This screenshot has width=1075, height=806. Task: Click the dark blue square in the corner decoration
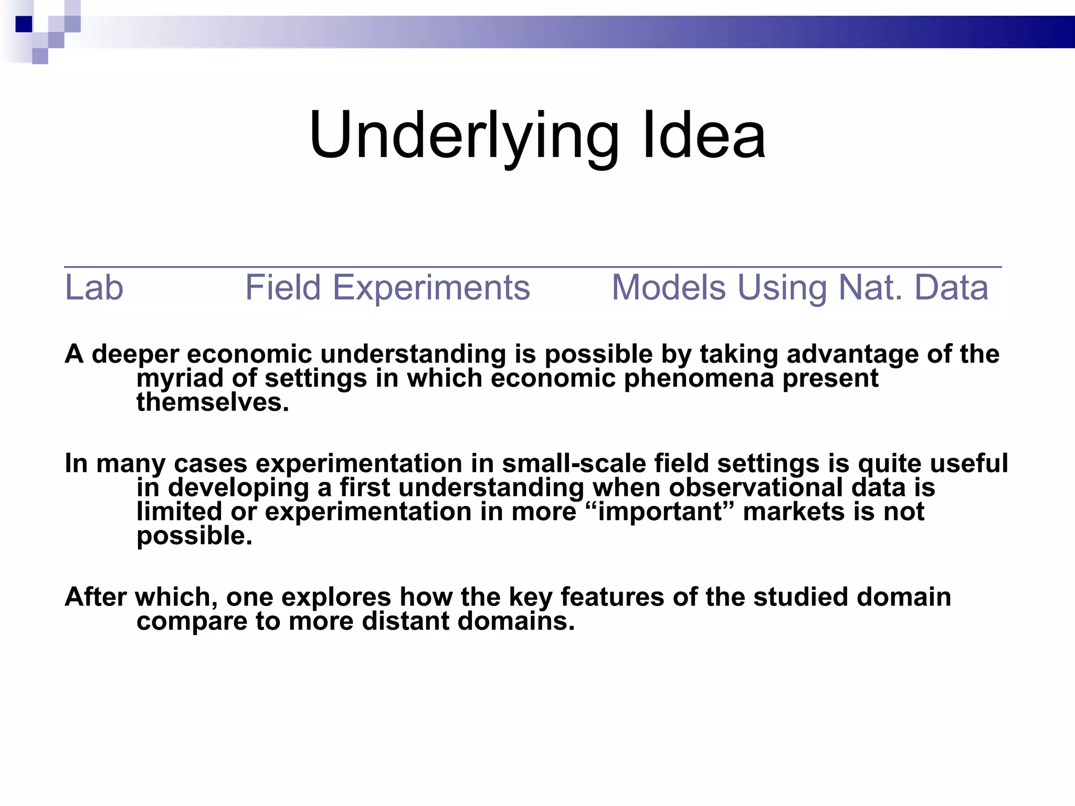tap(24, 24)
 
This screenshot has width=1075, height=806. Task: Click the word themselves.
tap(213, 403)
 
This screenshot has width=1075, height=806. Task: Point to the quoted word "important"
tap(659, 512)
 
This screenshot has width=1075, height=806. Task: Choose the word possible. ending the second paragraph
tap(194, 536)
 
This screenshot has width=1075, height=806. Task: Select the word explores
tap(336, 597)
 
